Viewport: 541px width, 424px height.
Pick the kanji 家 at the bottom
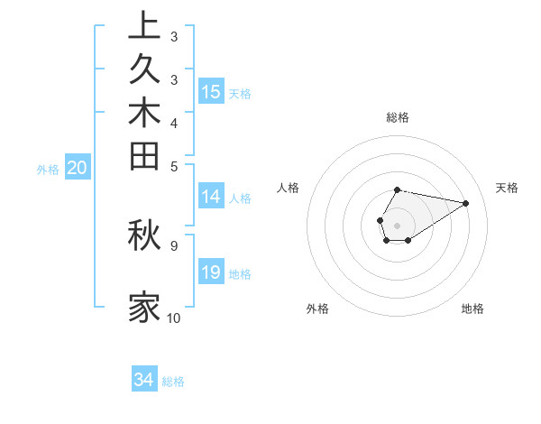tap(144, 307)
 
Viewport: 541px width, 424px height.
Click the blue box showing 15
tap(211, 91)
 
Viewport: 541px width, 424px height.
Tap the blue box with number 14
tap(211, 197)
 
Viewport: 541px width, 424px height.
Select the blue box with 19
tap(211, 272)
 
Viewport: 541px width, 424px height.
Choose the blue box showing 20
tap(78, 168)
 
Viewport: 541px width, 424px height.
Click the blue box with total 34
tap(144, 381)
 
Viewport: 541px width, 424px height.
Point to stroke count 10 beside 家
tap(173, 318)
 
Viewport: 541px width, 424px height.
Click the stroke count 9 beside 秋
tap(173, 244)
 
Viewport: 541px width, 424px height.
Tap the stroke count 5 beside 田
tap(173, 165)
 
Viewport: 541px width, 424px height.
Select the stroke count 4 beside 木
tap(173, 122)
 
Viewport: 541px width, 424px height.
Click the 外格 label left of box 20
tap(48, 169)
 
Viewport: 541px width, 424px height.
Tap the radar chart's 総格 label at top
tap(397, 117)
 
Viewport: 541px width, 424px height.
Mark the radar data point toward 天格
tap(466, 203)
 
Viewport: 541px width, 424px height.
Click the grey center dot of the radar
tap(397, 225)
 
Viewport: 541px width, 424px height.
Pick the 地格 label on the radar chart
tap(472, 309)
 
